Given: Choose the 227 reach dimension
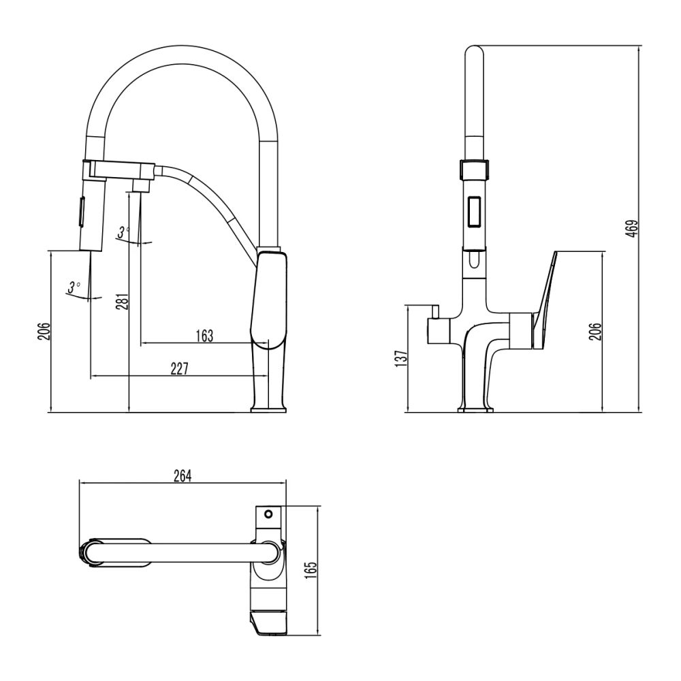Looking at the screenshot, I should coord(179,368).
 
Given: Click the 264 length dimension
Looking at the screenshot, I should coord(183,475).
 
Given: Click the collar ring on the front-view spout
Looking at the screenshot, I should coord(475,168).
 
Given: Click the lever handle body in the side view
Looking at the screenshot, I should coord(270,300).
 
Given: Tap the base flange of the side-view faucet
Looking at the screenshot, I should coord(270,409).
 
